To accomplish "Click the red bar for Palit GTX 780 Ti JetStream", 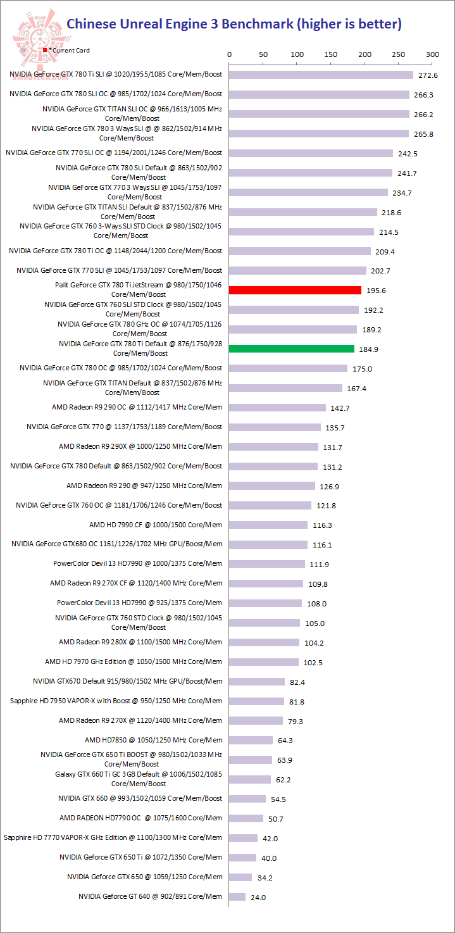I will point(295,290).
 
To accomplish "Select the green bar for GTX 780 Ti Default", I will point(292,349).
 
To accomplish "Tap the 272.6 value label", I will point(428,75).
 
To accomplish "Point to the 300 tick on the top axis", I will point(432,55).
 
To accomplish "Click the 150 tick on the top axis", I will point(330,55).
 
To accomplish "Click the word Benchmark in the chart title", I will point(256,25).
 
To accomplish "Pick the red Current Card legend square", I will point(45,49).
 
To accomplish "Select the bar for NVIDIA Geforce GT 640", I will point(237,897).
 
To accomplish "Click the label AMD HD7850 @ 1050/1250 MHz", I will point(153,740).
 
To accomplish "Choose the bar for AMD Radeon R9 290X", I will point(273,447).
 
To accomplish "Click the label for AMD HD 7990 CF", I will point(156,525).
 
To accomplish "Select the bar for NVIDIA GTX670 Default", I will point(257,682).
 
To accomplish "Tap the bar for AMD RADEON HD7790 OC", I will point(246,818).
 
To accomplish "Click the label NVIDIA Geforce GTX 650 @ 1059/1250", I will point(144,877).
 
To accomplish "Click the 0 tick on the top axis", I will point(229,55).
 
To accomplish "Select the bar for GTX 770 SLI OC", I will point(311,153).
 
